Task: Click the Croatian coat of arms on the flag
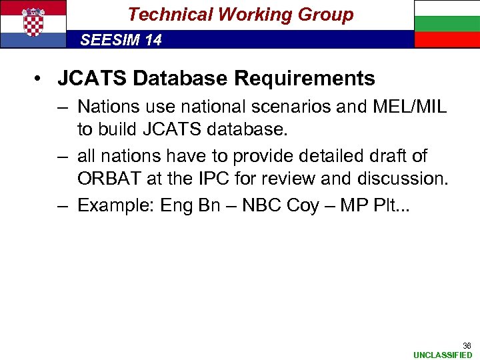(x=33, y=23)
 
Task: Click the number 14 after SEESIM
(x=153, y=40)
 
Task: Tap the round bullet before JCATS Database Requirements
(x=39, y=79)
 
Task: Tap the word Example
(x=115, y=205)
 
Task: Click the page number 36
(x=467, y=345)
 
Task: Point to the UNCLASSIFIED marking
(x=442, y=355)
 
